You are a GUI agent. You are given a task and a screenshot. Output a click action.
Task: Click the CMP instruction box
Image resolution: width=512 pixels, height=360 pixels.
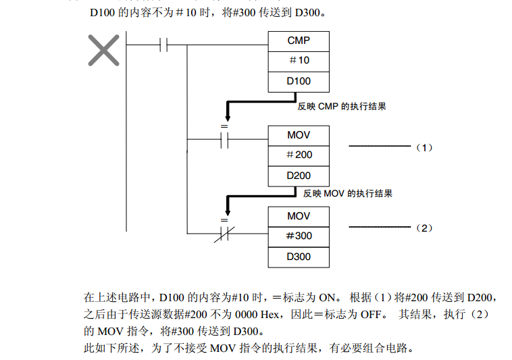tap(298, 41)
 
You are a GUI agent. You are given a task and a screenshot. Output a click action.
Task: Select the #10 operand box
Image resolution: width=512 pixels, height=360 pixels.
tap(298, 61)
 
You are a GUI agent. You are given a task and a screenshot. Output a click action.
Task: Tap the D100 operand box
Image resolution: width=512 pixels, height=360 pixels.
tap(298, 82)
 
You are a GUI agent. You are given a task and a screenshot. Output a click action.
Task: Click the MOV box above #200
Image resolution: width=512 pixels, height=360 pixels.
tap(298, 135)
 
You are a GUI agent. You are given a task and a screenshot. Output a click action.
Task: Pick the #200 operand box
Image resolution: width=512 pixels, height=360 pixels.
tap(298, 155)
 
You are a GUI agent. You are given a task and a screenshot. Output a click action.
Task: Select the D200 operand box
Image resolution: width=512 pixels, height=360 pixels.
tap(298, 176)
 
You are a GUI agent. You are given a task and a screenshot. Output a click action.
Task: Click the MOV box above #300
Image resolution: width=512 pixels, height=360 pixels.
tap(298, 216)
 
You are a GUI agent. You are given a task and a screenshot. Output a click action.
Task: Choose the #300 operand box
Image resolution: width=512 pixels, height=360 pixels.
tap(298, 236)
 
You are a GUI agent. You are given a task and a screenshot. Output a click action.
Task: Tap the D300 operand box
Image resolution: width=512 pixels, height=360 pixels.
tap(298, 257)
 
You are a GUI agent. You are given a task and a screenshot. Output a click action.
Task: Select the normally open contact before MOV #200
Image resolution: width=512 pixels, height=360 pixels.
tap(226, 140)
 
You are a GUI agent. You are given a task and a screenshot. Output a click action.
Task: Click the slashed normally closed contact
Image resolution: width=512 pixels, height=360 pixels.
tap(226, 234)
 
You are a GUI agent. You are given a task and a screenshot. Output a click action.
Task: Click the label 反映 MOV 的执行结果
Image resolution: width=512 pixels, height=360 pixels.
tap(348, 194)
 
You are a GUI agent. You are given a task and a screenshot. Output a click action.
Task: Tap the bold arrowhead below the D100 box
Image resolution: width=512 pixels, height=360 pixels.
tap(226, 117)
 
